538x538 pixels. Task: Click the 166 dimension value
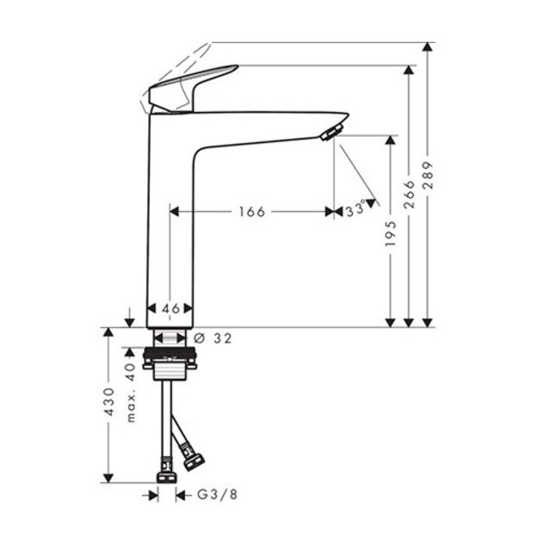(x=250, y=212)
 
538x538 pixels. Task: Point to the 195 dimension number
(x=392, y=232)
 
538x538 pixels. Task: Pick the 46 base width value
(x=170, y=307)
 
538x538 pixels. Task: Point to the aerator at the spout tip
(x=330, y=131)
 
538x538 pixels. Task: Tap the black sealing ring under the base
(x=171, y=353)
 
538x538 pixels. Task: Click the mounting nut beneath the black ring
(x=171, y=368)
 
